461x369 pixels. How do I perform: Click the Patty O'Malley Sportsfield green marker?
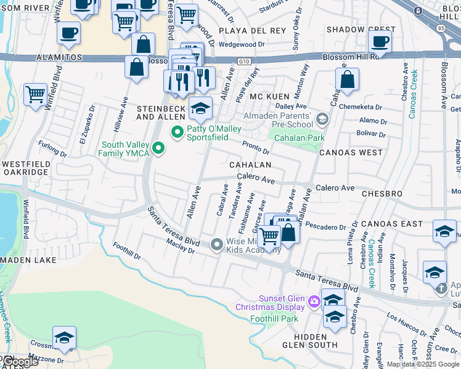coord(178,132)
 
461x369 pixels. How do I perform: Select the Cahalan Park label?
coord(300,138)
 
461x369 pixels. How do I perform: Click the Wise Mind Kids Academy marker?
coord(216,245)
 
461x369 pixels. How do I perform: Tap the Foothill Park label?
coord(274,319)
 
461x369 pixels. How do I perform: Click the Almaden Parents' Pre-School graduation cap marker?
coord(320,118)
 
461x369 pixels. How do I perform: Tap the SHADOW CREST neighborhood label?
coord(361,30)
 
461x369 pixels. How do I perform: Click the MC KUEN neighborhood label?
coord(269,97)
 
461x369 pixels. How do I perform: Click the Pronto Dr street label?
coord(256,147)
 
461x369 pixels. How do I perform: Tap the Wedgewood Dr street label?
coord(242,44)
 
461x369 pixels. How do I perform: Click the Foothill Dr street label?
coord(128,250)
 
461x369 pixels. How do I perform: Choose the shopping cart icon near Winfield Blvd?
coord(35,94)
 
